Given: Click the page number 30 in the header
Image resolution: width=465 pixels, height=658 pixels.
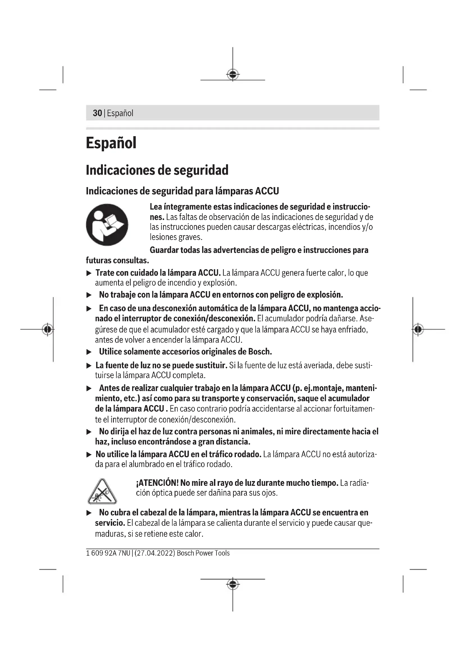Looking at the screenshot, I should tap(97, 113).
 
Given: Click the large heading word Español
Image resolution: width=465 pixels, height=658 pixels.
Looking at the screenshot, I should tap(111, 143).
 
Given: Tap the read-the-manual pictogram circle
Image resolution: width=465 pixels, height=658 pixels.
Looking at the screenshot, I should tap(107, 225).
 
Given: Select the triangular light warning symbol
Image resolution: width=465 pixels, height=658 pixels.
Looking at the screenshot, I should tap(102, 492).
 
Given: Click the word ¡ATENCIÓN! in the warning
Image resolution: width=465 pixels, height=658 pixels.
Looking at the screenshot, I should tap(157, 483).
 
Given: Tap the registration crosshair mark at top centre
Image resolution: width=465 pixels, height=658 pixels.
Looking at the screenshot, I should tap(233, 75).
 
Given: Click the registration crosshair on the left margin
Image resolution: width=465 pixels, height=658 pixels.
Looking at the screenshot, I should tap(48, 329).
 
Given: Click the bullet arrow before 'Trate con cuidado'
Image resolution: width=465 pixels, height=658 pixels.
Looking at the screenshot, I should tap(89, 273).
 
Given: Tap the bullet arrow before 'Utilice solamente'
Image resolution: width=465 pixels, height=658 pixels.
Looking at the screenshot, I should tap(89, 352).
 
